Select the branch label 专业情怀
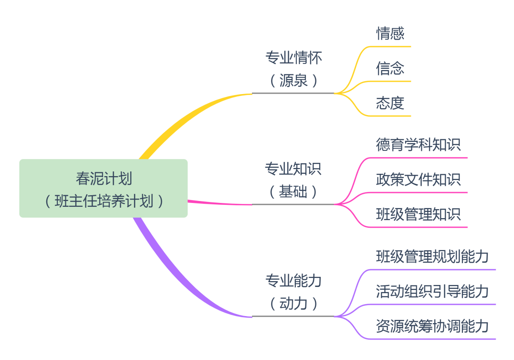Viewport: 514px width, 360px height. click(x=293, y=58)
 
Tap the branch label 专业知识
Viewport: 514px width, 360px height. click(x=293, y=169)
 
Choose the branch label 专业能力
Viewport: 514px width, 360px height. click(x=293, y=281)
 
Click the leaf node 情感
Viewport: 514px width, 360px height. click(x=390, y=33)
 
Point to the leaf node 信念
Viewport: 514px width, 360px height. click(x=390, y=68)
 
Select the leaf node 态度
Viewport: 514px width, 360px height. click(x=390, y=103)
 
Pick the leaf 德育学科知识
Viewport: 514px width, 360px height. click(x=418, y=145)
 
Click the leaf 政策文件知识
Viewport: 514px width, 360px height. click(x=418, y=180)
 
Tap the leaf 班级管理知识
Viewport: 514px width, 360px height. click(x=418, y=214)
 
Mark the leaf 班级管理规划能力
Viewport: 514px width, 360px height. click(x=432, y=256)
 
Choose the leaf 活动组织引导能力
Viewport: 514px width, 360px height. click(x=432, y=291)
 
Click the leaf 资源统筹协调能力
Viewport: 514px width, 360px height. click(x=432, y=326)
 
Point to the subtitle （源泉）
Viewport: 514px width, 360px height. click(x=293, y=81)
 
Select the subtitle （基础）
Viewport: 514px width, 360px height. click(x=293, y=192)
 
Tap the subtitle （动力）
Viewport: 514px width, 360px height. click(x=293, y=303)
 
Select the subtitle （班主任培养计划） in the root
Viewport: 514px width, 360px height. click(x=104, y=201)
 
